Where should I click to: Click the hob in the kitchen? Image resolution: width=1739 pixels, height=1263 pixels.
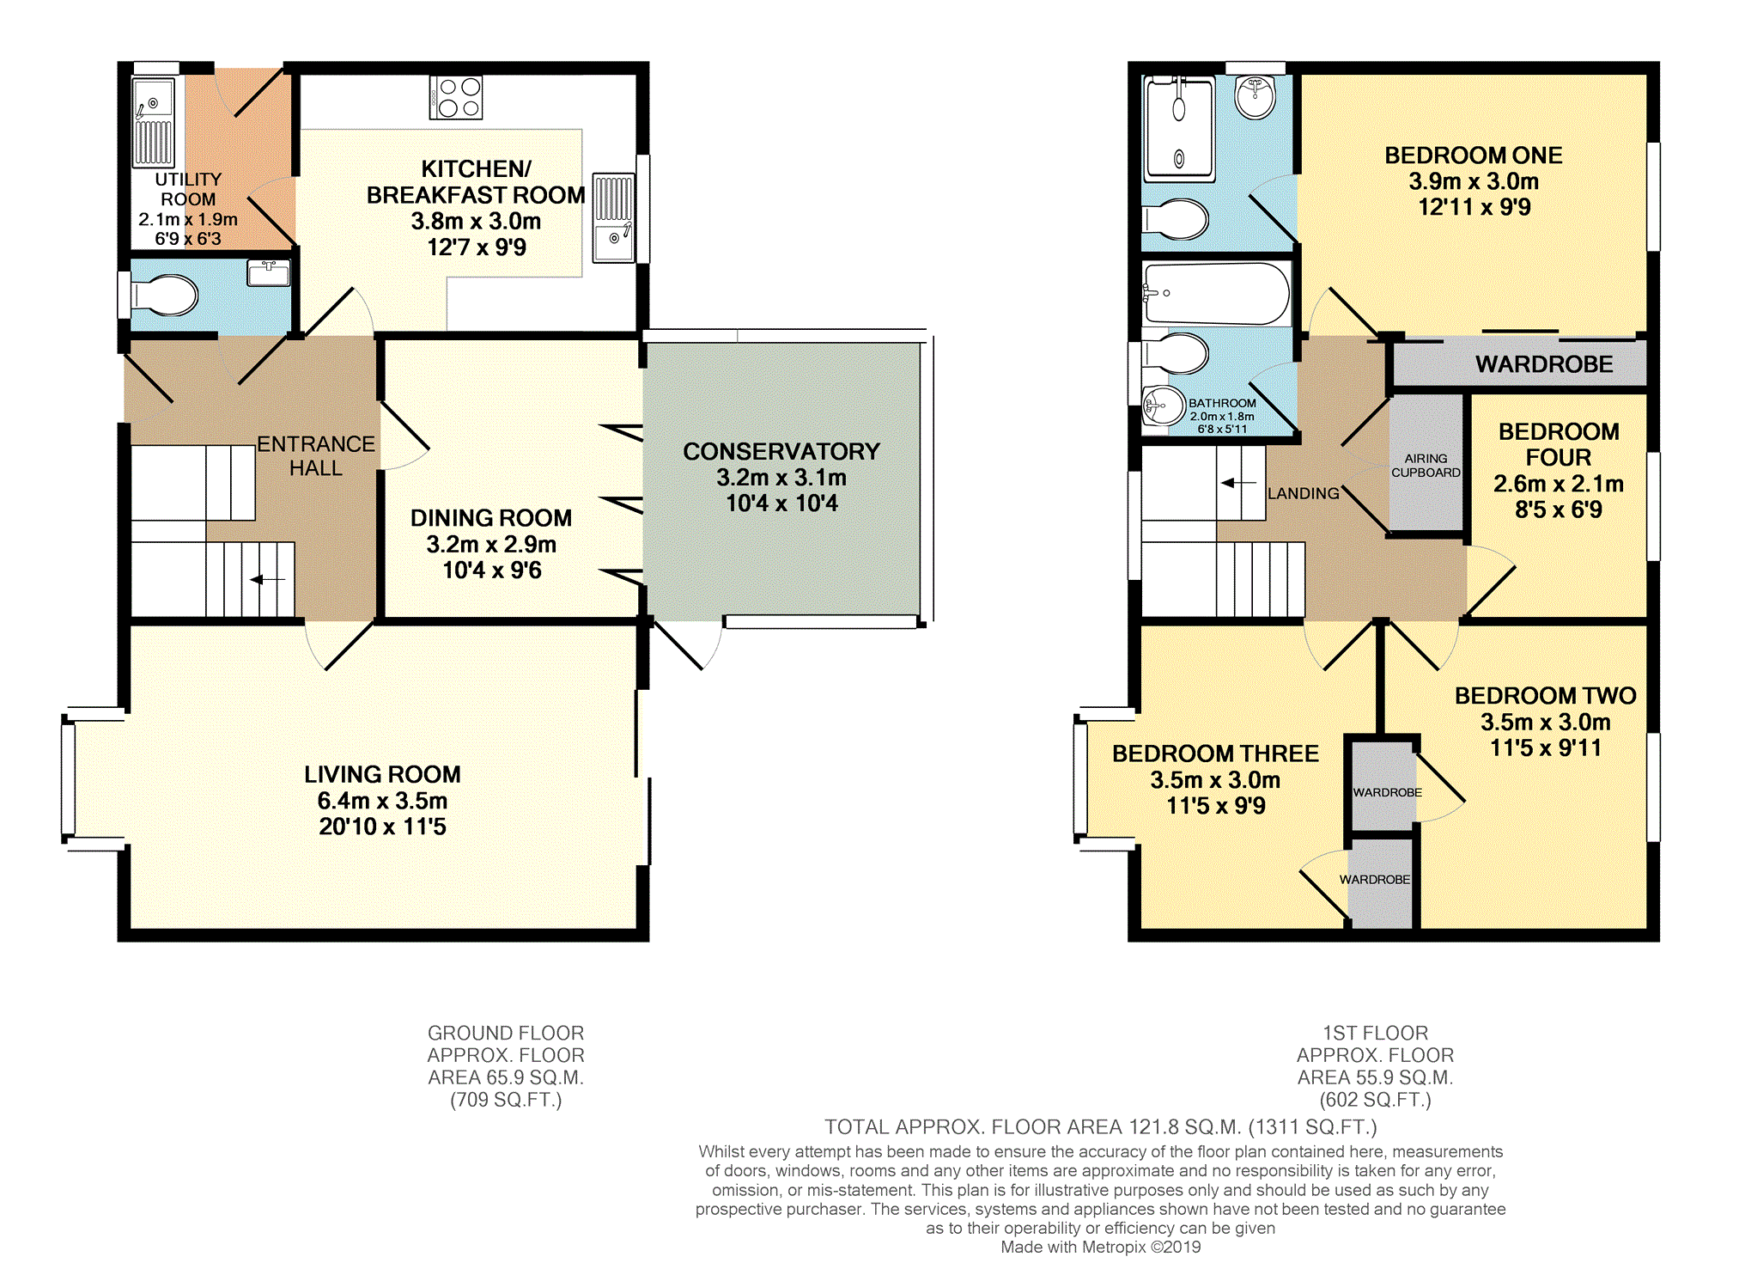click(x=456, y=97)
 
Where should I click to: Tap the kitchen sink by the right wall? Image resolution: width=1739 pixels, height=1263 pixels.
click(x=613, y=218)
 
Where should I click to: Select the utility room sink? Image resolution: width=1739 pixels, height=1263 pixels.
click(x=154, y=122)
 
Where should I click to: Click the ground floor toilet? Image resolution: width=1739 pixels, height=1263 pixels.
click(x=164, y=296)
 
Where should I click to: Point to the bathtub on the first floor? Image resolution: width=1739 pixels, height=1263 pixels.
click(x=1217, y=294)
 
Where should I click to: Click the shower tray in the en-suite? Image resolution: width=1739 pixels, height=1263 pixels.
click(x=1178, y=128)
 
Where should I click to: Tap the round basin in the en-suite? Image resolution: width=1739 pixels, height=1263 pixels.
click(x=1256, y=96)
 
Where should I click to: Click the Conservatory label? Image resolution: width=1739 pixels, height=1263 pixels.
click(x=781, y=451)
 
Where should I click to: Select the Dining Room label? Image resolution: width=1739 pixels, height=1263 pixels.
click(x=491, y=518)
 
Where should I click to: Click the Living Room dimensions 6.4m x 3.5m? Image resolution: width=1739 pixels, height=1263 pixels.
click(x=382, y=801)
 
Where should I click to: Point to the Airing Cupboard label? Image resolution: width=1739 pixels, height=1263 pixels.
click(x=1426, y=466)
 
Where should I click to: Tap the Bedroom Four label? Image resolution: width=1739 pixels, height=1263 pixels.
click(x=1559, y=444)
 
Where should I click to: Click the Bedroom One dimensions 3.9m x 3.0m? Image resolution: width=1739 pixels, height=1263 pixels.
click(x=1474, y=181)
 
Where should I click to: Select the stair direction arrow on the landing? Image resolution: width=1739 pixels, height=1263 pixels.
click(x=1238, y=483)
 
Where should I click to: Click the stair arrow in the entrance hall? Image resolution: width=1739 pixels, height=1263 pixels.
click(x=267, y=580)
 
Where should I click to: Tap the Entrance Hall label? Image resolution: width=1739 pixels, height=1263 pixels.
click(x=316, y=456)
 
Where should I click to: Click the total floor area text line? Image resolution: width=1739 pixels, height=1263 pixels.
click(x=1101, y=1127)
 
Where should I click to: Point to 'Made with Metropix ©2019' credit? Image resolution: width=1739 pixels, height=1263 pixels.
click(x=1101, y=1247)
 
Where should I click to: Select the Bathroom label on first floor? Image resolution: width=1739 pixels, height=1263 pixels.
click(x=1222, y=403)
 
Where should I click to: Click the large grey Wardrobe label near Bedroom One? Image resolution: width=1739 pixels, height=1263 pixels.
click(x=1544, y=364)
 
